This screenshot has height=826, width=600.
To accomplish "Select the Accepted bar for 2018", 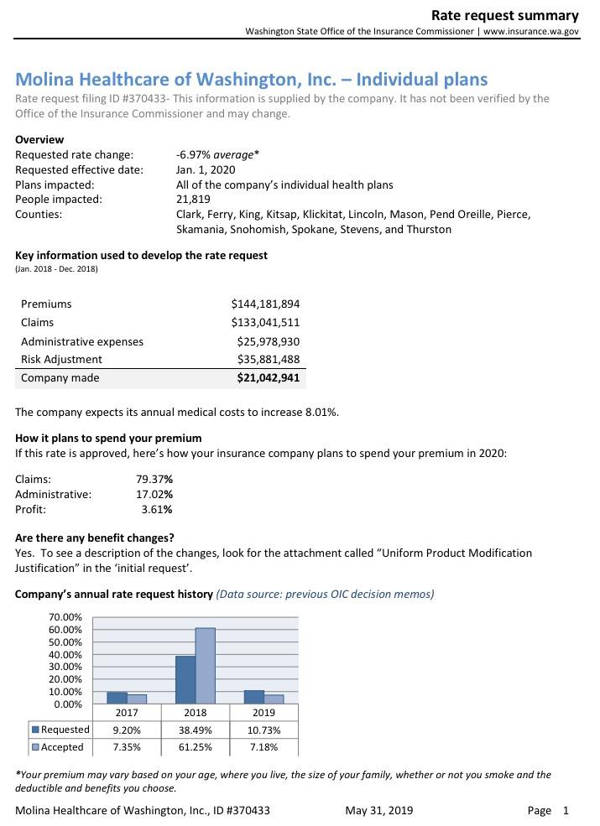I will [x=206, y=666].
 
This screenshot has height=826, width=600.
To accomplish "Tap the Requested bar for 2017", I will [x=117, y=698].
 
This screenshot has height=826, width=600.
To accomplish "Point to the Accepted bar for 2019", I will [x=274, y=699].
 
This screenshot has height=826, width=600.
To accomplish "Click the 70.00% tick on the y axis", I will [x=65, y=617].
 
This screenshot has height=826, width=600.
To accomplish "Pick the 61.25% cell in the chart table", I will [x=196, y=746].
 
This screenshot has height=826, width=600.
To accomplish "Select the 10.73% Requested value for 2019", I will [x=263, y=730].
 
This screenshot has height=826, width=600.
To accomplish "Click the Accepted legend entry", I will [x=57, y=746].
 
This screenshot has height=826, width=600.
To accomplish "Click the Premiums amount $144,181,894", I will [x=265, y=304].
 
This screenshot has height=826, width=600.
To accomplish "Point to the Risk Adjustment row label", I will [x=61, y=359].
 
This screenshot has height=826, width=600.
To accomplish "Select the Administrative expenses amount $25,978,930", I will [x=269, y=341].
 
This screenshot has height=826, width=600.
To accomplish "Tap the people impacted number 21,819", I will [x=193, y=199].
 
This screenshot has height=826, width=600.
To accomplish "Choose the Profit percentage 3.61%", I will [x=157, y=509].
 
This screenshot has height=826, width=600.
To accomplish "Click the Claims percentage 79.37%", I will [x=154, y=479].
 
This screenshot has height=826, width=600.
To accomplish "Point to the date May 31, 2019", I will [x=378, y=810].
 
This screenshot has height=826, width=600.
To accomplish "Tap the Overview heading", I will [x=39, y=139].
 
